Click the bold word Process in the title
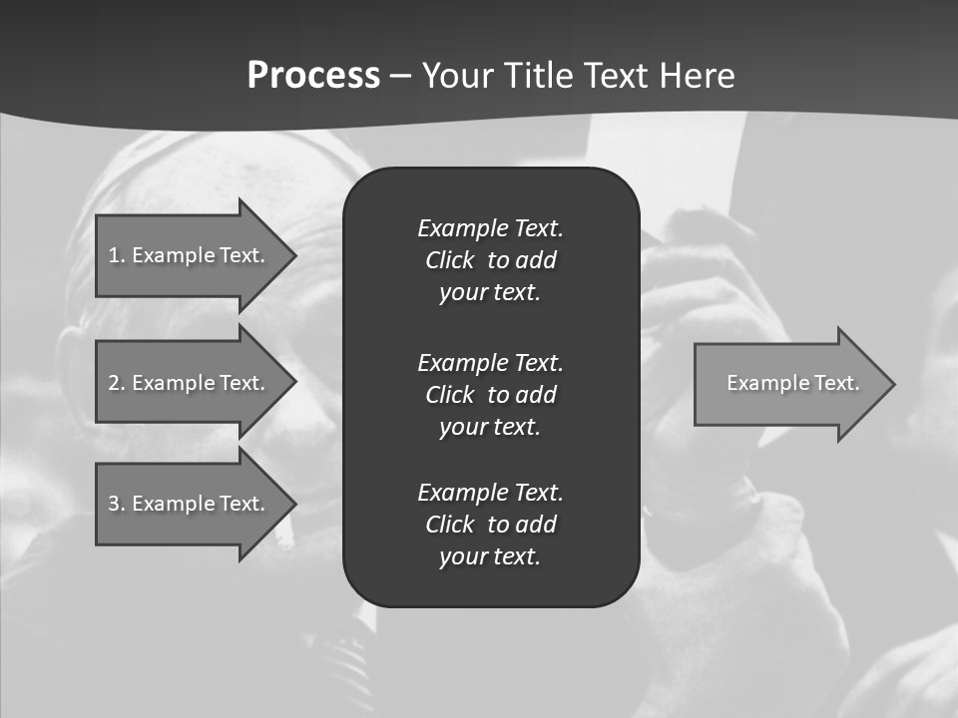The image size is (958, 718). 313,76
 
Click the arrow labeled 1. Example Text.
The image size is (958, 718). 187,255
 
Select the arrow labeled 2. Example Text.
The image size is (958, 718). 187,383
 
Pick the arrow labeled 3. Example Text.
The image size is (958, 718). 187,504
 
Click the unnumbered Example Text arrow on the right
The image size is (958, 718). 792,383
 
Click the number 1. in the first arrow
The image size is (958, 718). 117,255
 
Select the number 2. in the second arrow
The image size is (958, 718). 117,383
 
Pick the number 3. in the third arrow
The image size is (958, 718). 117,504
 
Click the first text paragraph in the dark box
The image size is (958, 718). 490,260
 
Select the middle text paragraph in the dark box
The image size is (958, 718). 490,394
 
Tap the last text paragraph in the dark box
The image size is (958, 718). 490,525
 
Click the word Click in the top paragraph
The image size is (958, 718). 449,260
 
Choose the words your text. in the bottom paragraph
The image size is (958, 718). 490,556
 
